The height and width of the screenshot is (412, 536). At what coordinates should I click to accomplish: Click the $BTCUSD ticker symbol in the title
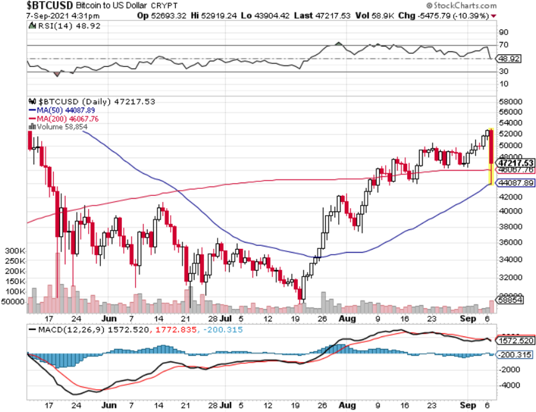[50, 5]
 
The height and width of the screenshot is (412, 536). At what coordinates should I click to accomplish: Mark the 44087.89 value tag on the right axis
[515, 183]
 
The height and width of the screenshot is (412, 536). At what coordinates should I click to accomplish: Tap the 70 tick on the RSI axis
[503, 45]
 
